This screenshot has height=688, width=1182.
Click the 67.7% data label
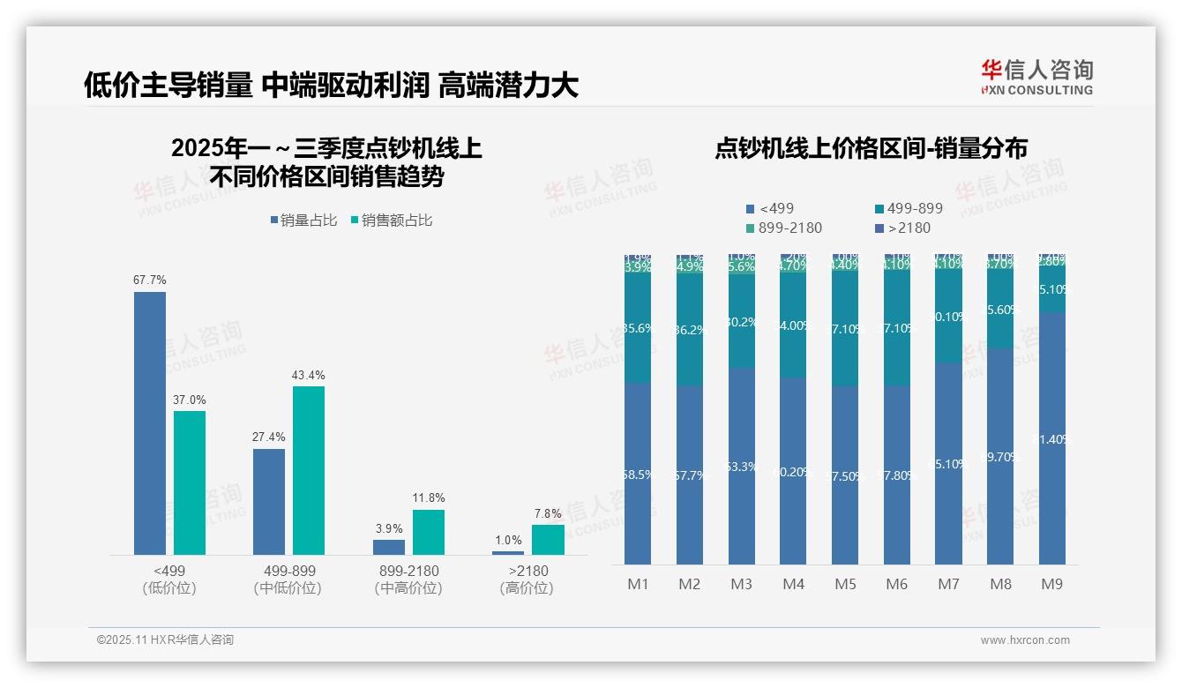[x=150, y=280]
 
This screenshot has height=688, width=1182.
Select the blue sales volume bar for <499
[x=150, y=423]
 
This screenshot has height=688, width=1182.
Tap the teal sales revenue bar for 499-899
[x=309, y=470]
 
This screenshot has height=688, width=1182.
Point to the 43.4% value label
[x=309, y=376]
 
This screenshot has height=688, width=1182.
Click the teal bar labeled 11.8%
[x=428, y=532]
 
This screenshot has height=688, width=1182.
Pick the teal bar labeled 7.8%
[x=548, y=540]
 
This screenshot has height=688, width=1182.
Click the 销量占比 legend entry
[x=303, y=221]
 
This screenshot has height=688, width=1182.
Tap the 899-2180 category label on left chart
[x=408, y=571]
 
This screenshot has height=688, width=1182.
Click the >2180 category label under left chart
[x=527, y=571]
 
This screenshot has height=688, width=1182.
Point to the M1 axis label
[x=638, y=584]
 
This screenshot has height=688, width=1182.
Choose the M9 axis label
[x=1052, y=584]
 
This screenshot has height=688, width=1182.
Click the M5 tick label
[x=845, y=584]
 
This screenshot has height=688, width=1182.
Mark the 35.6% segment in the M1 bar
[x=638, y=328]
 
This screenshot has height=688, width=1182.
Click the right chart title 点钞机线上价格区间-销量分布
[x=871, y=148]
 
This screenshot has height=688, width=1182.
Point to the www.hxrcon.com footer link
[x=1025, y=640]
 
